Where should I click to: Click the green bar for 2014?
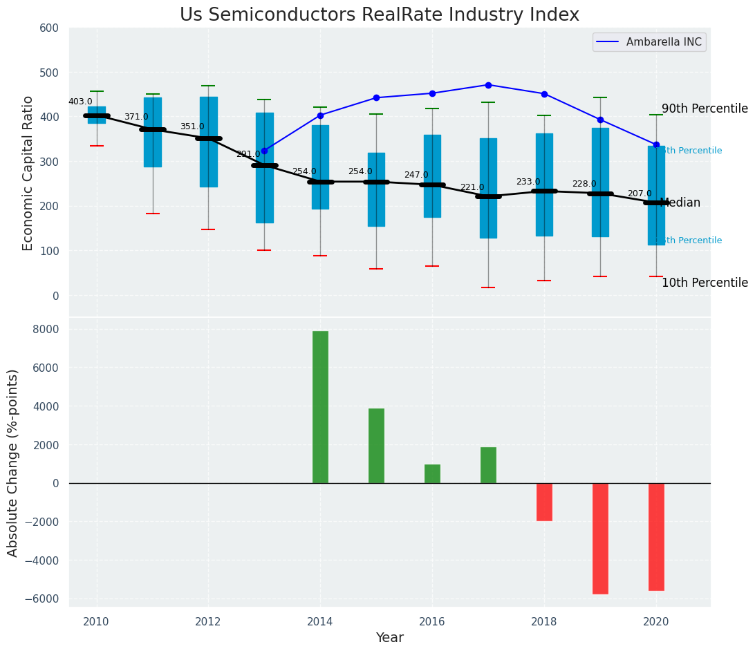tap(320, 407)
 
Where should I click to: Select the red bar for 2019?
tap(600, 538)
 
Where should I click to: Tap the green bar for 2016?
tap(432, 474)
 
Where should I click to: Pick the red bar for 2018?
tap(544, 502)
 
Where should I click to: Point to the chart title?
tap(380, 15)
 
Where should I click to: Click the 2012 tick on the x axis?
tap(208, 622)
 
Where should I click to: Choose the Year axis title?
tap(389, 638)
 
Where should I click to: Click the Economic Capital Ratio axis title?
tap(28, 173)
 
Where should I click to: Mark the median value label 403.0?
tap(80, 102)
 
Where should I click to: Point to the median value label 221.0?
tap(472, 187)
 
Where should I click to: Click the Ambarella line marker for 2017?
tap(488, 85)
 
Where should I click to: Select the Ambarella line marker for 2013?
tap(264, 151)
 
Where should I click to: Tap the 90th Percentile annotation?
tap(705, 108)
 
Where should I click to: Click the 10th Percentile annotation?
tap(705, 283)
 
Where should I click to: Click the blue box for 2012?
tap(208, 142)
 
